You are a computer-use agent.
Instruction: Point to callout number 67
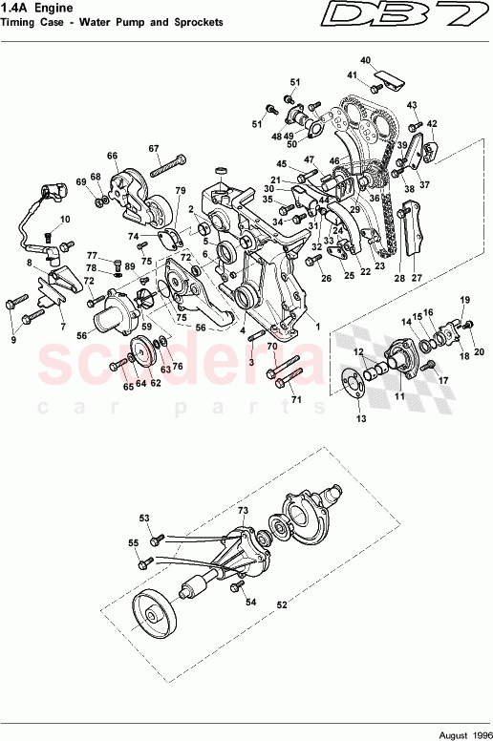click(153, 148)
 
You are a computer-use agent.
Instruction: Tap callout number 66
click(112, 156)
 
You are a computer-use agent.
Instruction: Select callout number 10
click(66, 220)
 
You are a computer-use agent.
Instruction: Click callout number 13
click(360, 419)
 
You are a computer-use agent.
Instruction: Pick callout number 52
click(282, 603)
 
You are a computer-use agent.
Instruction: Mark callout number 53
click(145, 519)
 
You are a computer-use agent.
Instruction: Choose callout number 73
click(243, 512)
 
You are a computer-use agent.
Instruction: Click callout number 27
click(416, 278)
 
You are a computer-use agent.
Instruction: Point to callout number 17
click(443, 379)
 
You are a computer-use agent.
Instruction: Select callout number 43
click(413, 105)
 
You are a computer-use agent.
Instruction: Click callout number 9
click(13, 339)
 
